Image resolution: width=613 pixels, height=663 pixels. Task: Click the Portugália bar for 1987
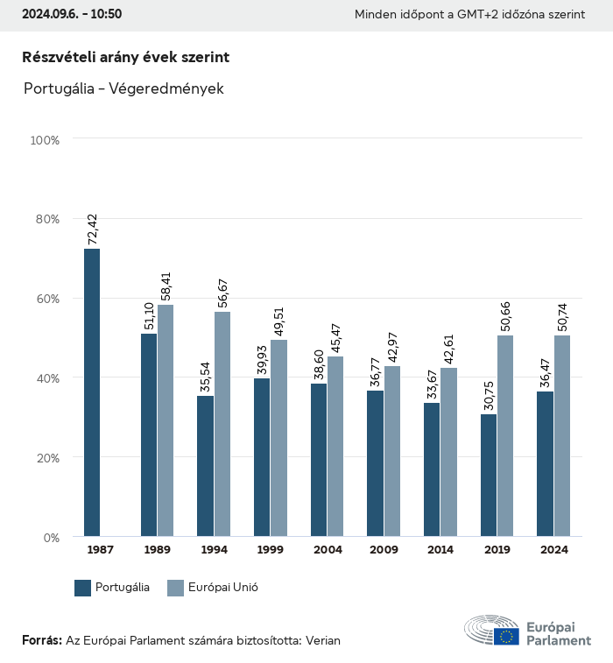click(x=92, y=392)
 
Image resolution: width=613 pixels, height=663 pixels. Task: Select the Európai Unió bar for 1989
click(x=166, y=420)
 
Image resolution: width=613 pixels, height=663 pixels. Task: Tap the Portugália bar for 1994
click(x=205, y=466)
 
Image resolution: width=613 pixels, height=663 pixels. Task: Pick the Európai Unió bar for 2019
click(x=505, y=436)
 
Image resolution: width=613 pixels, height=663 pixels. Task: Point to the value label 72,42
click(x=92, y=229)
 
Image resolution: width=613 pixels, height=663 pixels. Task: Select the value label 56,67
click(x=222, y=293)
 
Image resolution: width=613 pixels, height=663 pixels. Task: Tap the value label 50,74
click(x=562, y=316)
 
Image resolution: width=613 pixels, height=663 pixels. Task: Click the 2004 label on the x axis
click(x=328, y=550)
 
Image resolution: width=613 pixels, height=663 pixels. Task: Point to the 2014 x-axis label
click(x=440, y=550)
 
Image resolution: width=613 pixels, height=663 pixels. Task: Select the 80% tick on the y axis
click(x=46, y=219)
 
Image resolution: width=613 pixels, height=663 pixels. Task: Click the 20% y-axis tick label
click(x=46, y=458)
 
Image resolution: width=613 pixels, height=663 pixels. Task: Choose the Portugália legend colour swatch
click(x=83, y=589)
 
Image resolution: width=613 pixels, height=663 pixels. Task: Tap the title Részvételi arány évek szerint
click(x=125, y=57)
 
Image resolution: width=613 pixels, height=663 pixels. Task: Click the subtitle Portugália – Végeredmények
click(x=123, y=88)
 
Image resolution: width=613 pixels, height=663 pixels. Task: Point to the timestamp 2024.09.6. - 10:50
click(x=72, y=15)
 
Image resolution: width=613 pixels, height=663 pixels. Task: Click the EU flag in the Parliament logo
click(x=505, y=636)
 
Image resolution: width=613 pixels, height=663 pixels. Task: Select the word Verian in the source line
click(x=321, y=641)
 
